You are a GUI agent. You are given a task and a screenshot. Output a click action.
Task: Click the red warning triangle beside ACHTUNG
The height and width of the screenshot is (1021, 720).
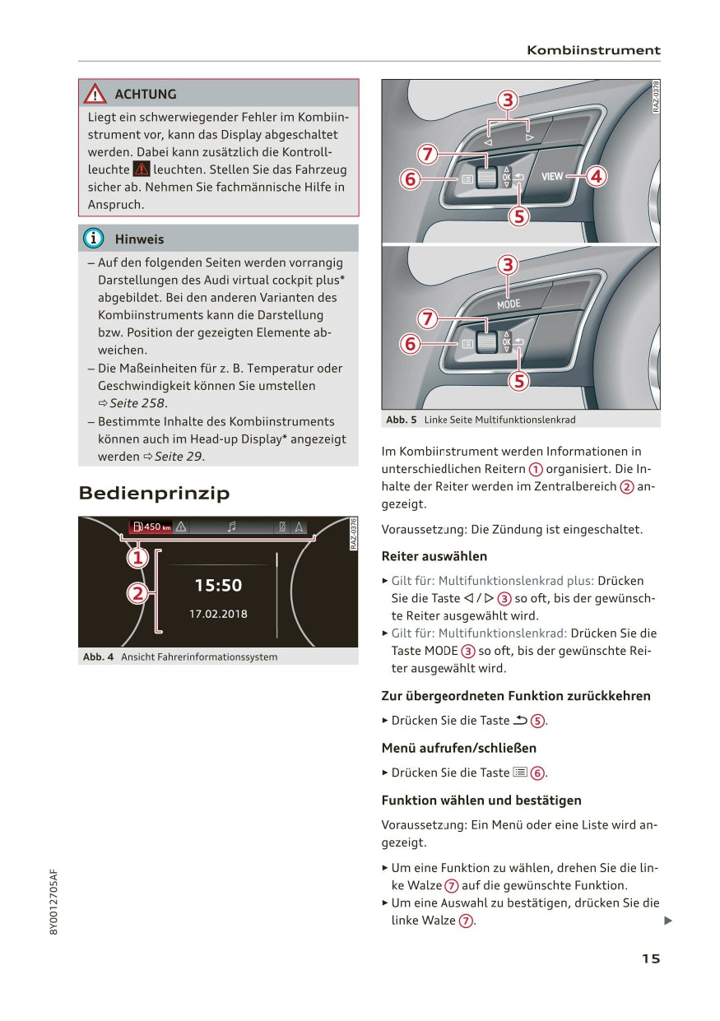coord(96,94)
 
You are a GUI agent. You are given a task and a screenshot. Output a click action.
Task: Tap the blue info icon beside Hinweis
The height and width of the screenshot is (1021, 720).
coord(95,239)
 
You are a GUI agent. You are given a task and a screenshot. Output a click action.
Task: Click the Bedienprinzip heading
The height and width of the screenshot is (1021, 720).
coord(154,494)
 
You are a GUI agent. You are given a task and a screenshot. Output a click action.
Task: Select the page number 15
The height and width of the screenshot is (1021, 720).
coord(651,958)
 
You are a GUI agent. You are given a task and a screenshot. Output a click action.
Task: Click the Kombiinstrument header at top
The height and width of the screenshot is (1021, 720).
coord(593,50)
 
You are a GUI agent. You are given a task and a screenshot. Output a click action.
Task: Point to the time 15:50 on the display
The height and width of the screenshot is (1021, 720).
coord(218,586)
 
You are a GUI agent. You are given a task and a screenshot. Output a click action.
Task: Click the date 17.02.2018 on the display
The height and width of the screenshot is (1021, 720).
coord(218,614)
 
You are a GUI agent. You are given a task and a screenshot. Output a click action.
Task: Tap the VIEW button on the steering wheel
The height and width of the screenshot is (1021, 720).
coord(552,176)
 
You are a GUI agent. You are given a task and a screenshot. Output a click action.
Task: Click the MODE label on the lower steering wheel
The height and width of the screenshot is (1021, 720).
coord(509,304)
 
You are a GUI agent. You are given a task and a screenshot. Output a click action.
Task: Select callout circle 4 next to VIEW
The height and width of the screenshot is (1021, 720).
coord(597,176)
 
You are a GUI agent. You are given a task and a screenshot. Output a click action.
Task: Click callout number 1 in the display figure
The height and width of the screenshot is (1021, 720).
coord(137,558)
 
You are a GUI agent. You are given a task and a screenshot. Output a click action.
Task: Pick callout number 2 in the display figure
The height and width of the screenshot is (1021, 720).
coord(137,592)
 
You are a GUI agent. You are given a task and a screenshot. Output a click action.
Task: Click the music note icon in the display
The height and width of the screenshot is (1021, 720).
coord(231,527)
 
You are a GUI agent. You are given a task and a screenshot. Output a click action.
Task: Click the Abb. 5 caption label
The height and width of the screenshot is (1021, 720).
coord(402,420)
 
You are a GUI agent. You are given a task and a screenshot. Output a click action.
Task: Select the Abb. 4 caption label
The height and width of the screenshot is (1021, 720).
coord(99,657)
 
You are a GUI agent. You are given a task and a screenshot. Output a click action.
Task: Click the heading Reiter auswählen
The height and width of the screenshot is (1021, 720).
coord(434,556)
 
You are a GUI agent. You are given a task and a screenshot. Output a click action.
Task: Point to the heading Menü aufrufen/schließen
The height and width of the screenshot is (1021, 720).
coord(458,748)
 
